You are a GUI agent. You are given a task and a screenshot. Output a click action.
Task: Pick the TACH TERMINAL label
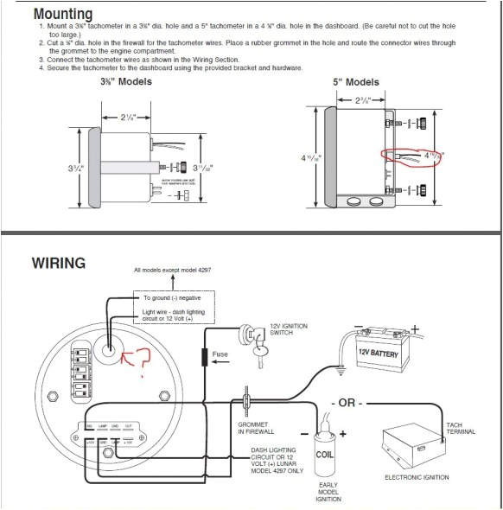[460, 428]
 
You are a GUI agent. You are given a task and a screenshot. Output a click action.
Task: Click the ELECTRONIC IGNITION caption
[417, 477]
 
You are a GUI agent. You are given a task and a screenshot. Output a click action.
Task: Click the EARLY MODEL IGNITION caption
[328, 492]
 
